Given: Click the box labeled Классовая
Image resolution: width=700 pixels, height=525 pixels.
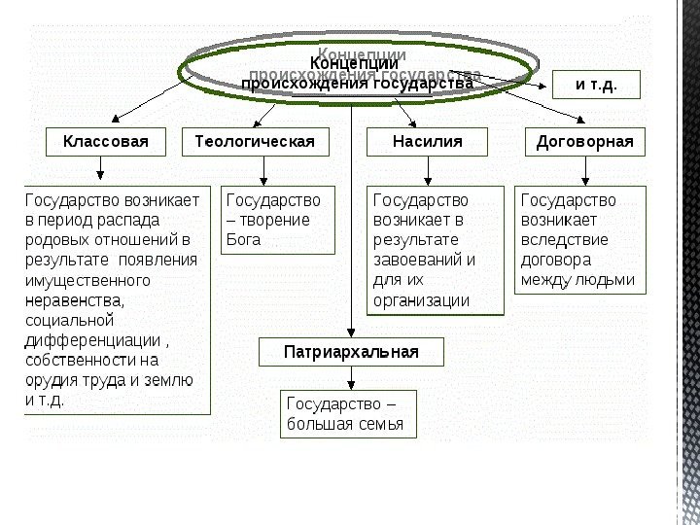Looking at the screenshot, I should (106, 142).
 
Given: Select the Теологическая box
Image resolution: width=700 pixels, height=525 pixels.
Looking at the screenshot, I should (255, 142).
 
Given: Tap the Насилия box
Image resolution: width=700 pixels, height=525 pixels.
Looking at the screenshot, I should (427, 142).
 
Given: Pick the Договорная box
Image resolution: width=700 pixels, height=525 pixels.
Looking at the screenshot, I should (584, 142).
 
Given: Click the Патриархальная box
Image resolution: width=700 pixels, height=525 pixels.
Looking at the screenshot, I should (351, 352).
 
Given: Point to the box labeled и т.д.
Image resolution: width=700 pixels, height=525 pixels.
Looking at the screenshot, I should (597, 85).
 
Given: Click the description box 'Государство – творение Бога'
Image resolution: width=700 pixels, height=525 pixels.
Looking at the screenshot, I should (278, 220).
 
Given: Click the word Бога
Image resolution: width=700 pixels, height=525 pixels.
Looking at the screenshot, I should (243, 240).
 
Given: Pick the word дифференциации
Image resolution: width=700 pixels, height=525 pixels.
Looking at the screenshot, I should (92, 340).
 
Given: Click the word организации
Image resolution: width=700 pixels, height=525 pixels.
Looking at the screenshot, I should (421, 300).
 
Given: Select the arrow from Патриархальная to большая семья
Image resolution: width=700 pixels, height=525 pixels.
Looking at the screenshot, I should (350, 378).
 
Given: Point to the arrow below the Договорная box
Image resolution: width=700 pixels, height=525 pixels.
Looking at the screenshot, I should (584, 171).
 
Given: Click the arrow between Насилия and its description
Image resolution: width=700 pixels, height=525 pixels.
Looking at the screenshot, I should (428, 171).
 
